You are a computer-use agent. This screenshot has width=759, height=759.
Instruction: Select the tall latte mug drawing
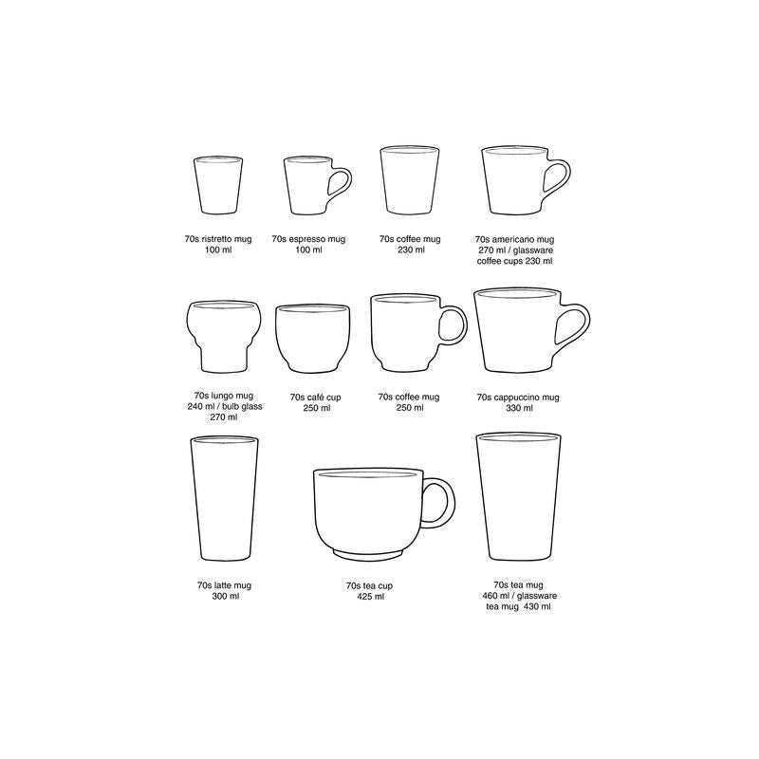click(224, 501)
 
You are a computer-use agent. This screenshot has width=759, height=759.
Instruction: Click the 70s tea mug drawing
click(514, 499)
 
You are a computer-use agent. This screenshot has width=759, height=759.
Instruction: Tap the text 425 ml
click(370, 597)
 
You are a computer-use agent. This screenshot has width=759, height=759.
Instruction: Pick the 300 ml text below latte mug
click(225, 597)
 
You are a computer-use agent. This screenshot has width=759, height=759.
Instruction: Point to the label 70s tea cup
click(370, 586)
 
